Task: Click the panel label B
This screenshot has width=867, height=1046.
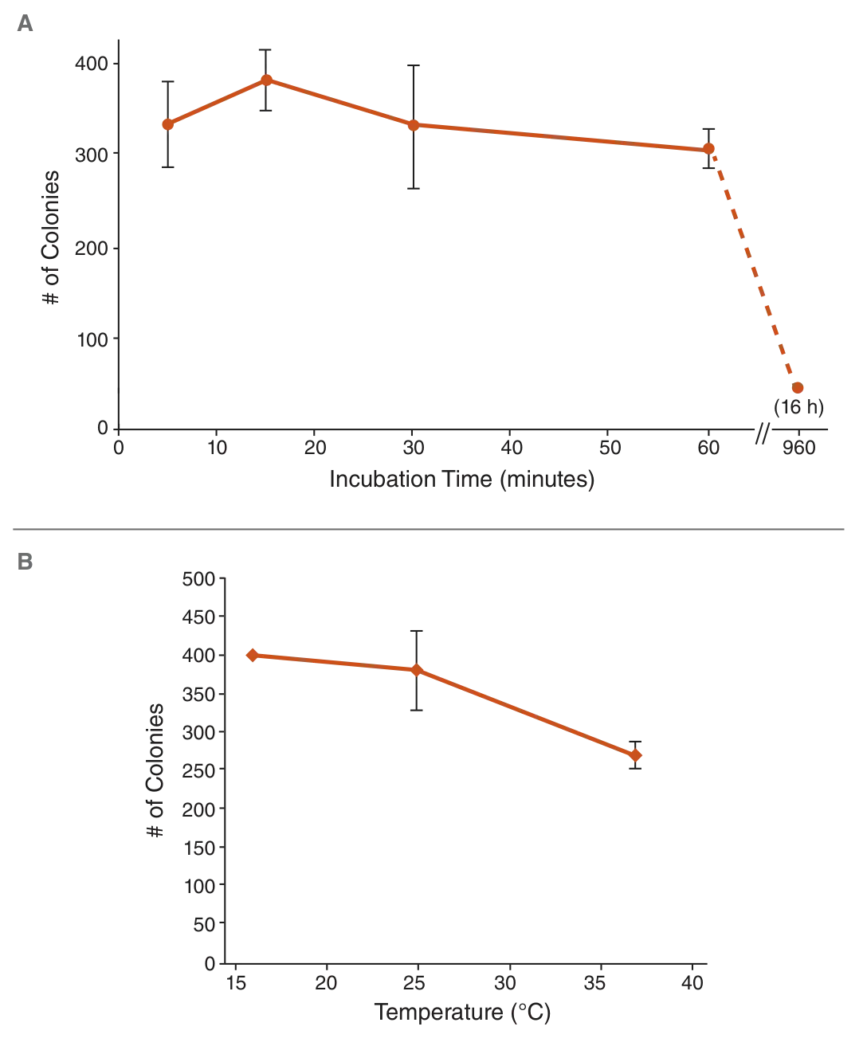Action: click(24, 562)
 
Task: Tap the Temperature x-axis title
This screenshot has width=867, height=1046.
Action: click(464, 1014)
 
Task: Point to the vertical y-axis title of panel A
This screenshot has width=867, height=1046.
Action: click(52, 236)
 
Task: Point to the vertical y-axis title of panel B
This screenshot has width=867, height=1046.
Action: click(157, 770)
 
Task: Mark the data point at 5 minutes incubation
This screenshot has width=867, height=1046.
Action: click(167, 124)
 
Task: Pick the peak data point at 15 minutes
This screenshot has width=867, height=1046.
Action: click(266, 80)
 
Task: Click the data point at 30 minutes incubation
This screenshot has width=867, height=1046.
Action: click(412, 125)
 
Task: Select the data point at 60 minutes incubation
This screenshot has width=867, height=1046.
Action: click(708, 149)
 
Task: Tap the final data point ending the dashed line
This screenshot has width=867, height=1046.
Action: click(797, 388)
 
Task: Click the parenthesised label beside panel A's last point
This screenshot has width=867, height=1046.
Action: click(800, 408)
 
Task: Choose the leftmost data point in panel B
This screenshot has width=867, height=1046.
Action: click(251, 655)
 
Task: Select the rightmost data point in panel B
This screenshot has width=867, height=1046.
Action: click(636, 754)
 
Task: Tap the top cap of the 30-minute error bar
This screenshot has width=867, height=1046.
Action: click(412, 66)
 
